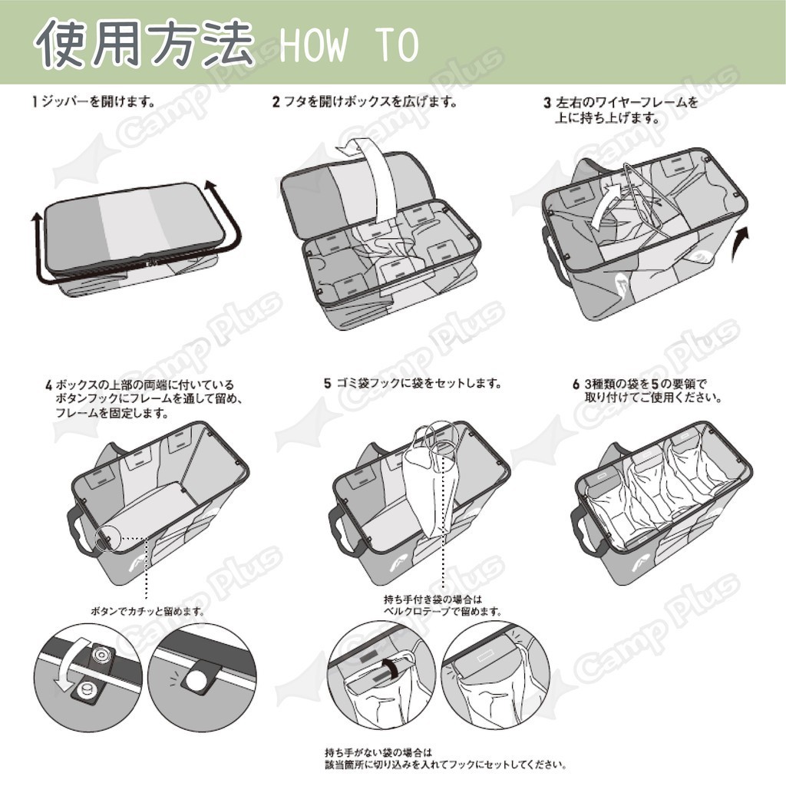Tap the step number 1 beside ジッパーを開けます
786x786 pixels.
(x=35, y=102)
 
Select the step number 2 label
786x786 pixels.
(x=276, y=102)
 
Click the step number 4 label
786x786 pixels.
(x=49, y=385)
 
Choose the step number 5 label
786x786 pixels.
(x=327, y=384)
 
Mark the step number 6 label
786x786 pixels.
(x=576, y=385)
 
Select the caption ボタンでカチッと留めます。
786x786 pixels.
(x=148, y=612)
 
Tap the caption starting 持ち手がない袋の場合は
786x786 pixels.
(x=446, y=759)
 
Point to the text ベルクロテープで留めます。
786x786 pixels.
(x=443, y=612)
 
